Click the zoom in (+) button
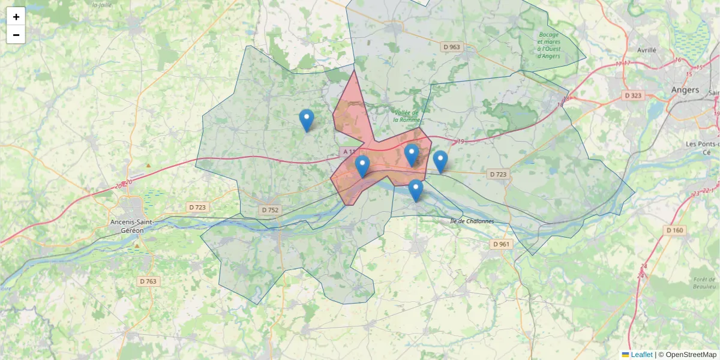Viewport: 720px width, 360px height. click(x=16, y=17)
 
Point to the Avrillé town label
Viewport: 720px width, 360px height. click(x=647, y=50)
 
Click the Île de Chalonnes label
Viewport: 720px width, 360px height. click(x=472, y=221)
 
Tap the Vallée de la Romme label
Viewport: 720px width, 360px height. click(x=407, y=116)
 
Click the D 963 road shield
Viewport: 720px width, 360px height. click(x=451, y=47)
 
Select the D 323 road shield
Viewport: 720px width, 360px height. click(x=633, y=95)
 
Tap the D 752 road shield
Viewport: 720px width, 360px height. click(x=270, y=210)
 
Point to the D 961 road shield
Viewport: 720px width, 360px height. click(x=500, y=244)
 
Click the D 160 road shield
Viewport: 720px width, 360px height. click(x=674, y=230)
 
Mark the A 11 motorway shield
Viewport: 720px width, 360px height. click(x=349, y=152)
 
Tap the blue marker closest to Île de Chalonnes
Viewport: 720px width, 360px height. click(x=416, y=190)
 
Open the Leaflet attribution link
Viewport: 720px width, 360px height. click(x=641, y=355)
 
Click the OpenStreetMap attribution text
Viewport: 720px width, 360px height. click(x=691, y=355)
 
